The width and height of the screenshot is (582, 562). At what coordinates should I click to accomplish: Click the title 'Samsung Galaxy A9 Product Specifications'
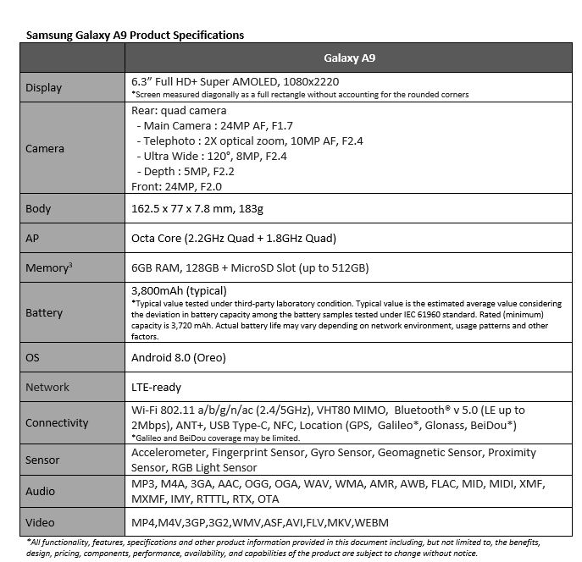pos(135,36)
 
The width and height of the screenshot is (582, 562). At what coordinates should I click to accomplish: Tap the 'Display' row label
pos(43,87)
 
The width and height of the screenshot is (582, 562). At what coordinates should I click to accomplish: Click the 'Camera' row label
pos(45,148)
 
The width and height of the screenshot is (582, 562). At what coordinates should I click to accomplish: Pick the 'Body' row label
pos(38,208)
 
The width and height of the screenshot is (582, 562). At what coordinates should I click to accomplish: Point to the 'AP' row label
pos(33,239)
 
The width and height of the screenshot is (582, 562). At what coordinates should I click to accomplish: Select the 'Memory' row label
pos(47,268)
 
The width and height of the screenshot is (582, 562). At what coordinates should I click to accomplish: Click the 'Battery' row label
pos(44,312)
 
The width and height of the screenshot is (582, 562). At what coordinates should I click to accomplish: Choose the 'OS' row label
pos(33,357)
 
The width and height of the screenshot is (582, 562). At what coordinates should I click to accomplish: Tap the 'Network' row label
pos(47,387)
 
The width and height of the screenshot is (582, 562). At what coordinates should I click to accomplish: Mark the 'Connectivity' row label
pos(57,423)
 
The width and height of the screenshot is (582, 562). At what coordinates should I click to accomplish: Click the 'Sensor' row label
pos(42,460)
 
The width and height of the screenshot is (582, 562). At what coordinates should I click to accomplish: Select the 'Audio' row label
pos(40,491)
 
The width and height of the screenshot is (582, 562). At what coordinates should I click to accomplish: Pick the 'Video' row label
pos(40,521)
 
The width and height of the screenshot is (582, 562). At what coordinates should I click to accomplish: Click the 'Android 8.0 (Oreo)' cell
pos(179,357)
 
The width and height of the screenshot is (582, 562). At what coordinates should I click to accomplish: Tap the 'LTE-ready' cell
pos(157,387)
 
